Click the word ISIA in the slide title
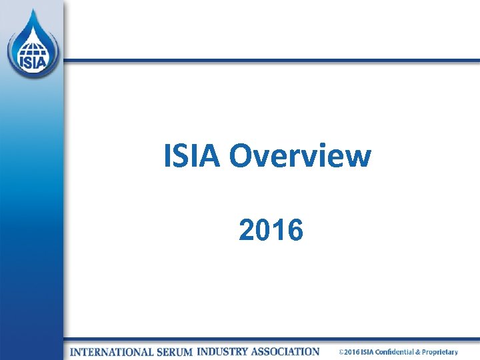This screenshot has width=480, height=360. pos(192,157)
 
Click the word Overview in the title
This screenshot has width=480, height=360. pos(299,157)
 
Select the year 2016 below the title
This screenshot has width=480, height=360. pos(271,231)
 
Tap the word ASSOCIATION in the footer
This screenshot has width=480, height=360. pos(287,351)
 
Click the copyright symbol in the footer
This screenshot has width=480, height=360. pos(341,352)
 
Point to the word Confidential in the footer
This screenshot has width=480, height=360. pos(395,352)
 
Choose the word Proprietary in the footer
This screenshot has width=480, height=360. pos(439,352)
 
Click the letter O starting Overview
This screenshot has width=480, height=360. pos(240,157)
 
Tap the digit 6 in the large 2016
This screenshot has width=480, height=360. pos(295,231)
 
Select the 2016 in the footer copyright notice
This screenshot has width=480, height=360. pos(351,352)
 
